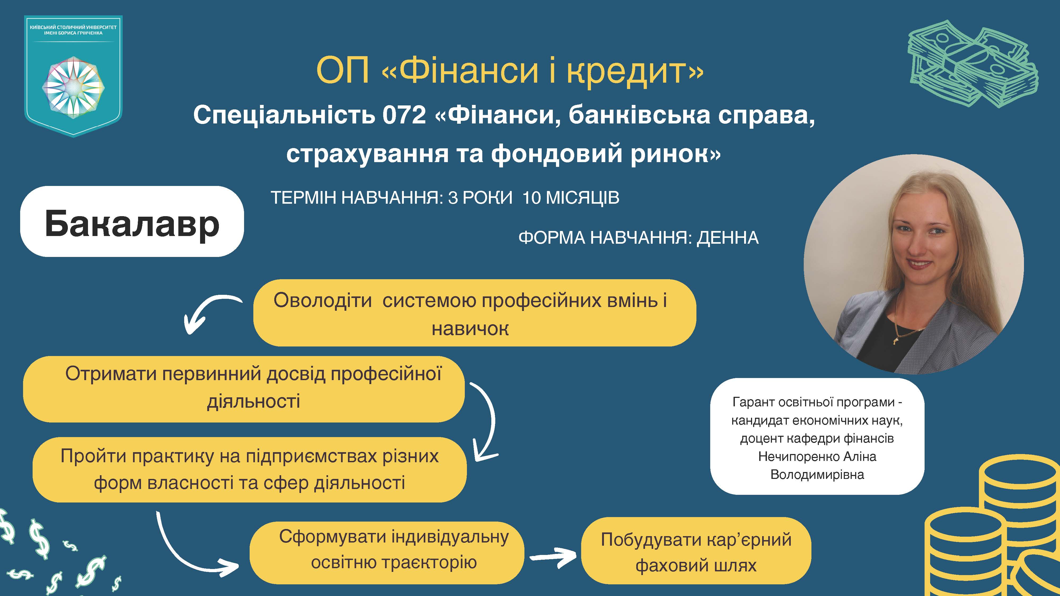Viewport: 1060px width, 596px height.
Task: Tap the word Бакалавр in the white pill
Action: pos(132,223)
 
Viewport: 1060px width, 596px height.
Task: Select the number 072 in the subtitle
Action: pos(404,115)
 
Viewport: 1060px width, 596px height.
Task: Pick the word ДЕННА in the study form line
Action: pos(727,238)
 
